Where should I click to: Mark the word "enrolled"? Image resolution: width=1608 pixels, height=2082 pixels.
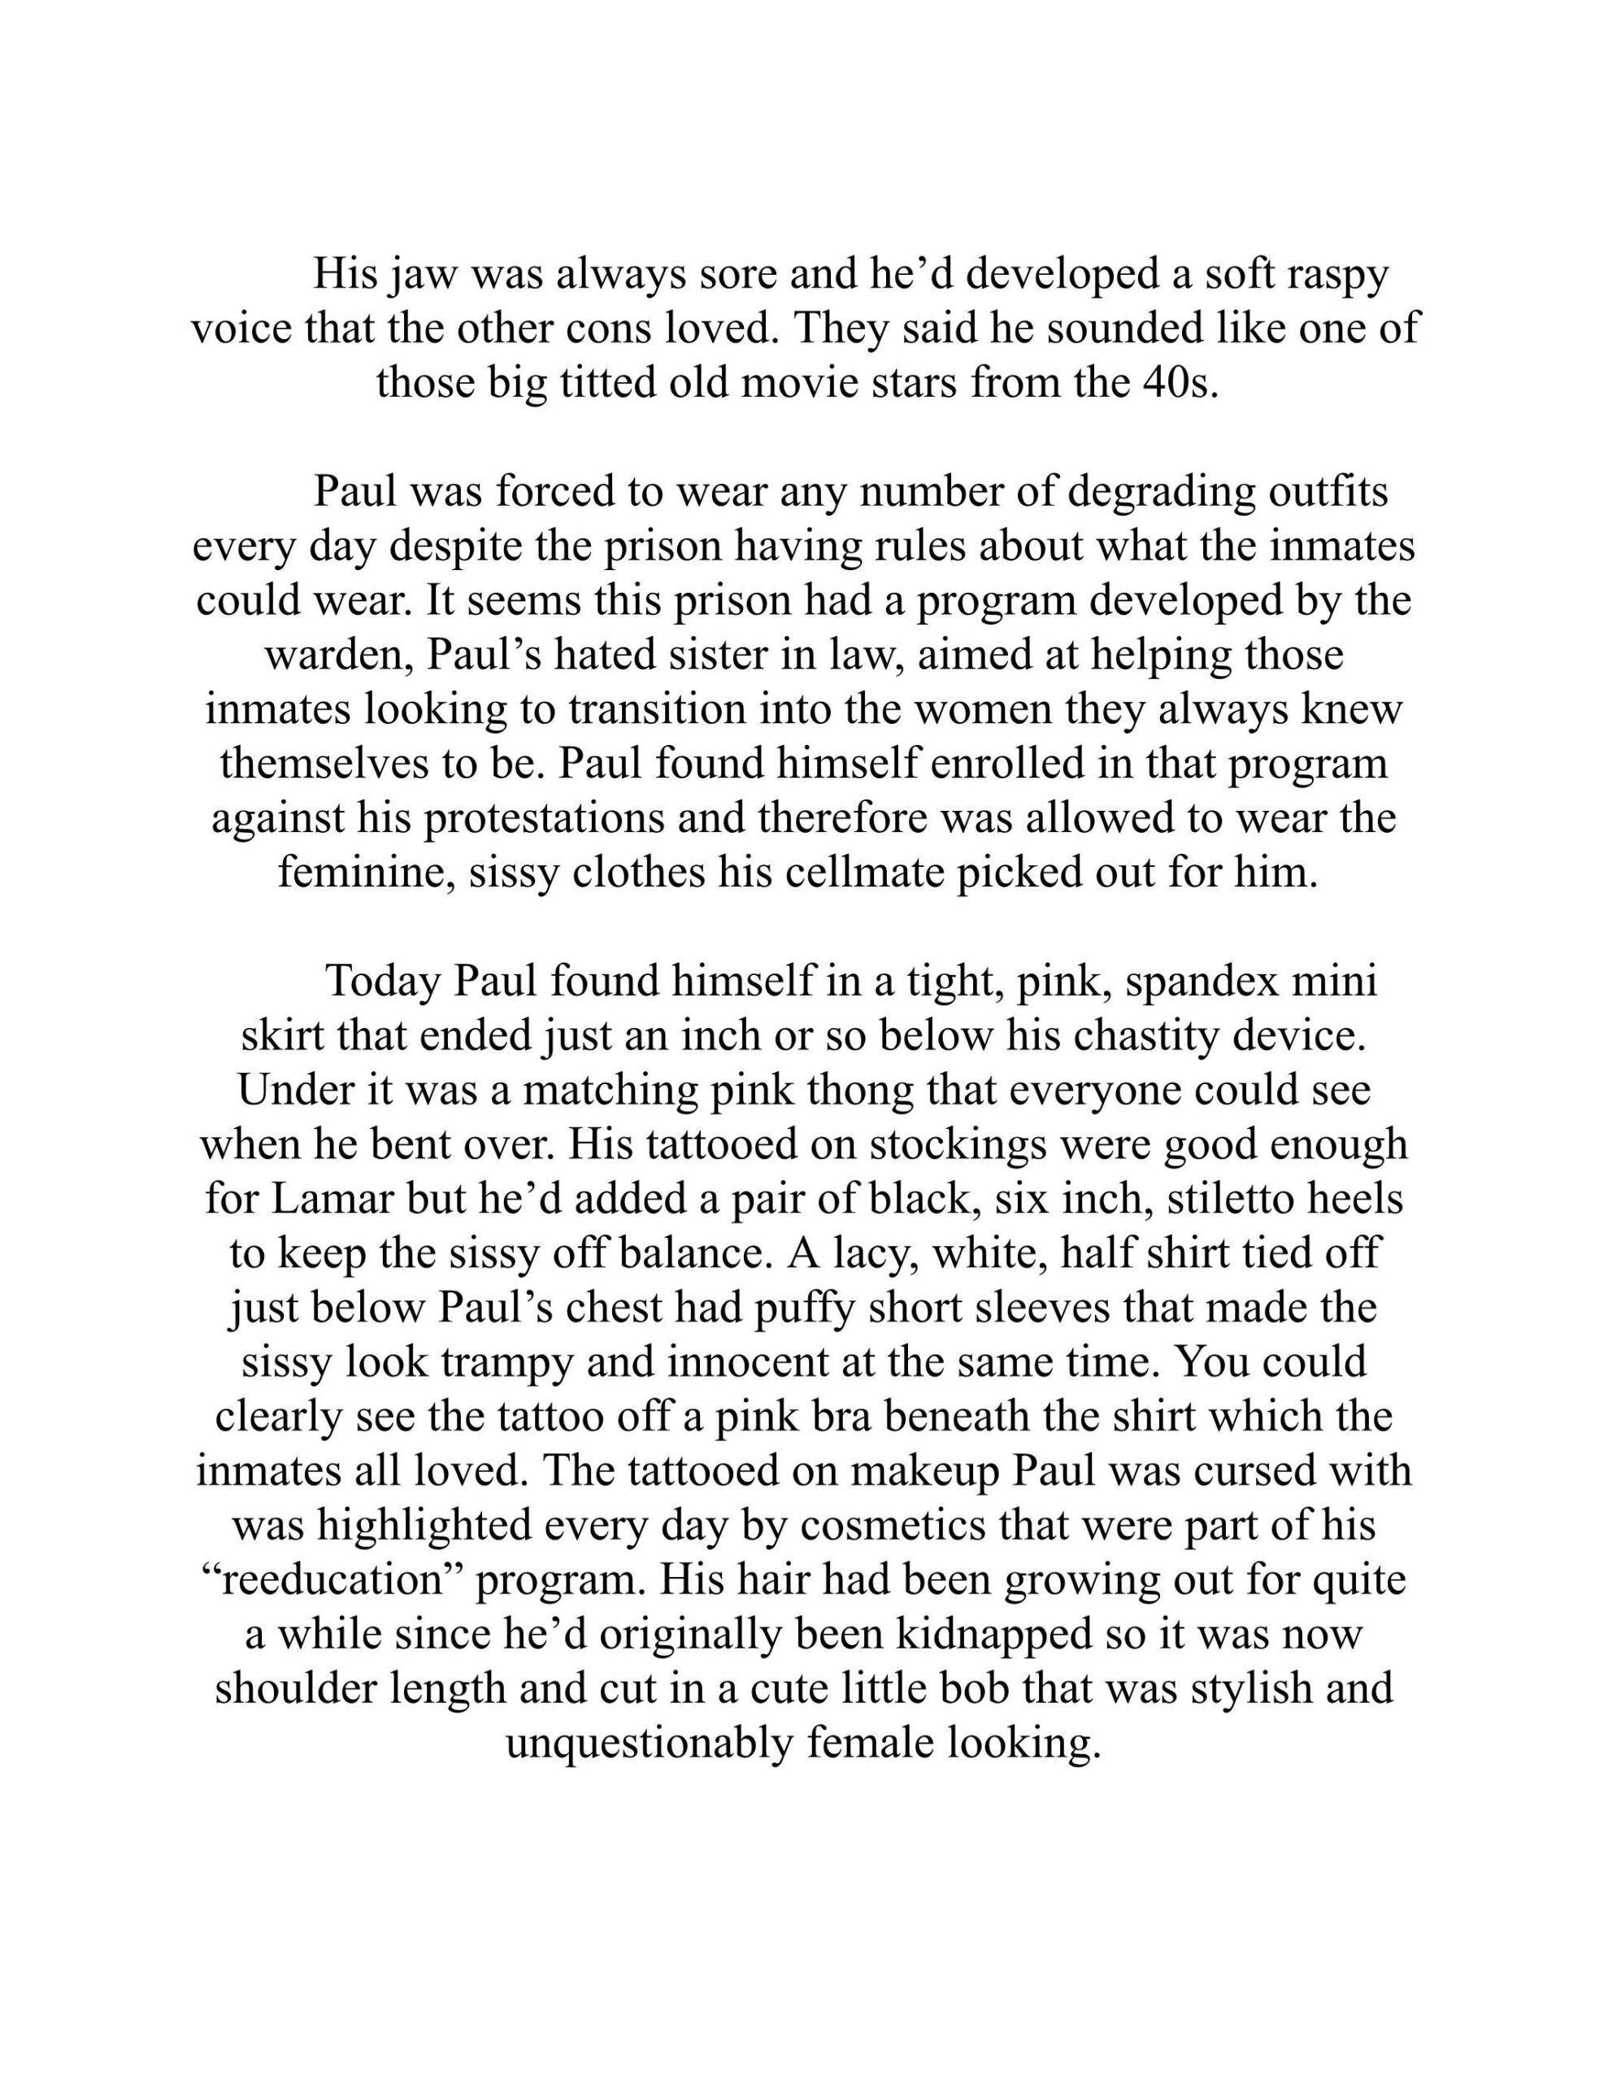pyautogui.click(x=1005, y=764)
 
